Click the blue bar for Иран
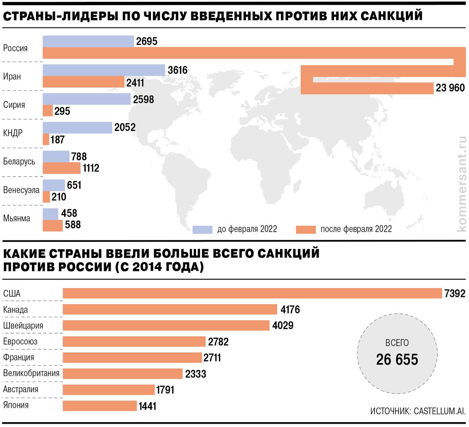(x=104, y=70)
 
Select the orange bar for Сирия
(x=48, y=111)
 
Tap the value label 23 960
(x=450, y=88)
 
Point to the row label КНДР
(x=13, y=133)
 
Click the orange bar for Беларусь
(x=62, y=168)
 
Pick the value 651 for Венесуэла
(x=74, y=185)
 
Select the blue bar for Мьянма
(x=51, y=214)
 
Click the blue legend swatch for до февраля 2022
(x=202, y=229)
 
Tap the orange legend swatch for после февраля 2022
(x=306, y=229)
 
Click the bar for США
(x=252, y=293)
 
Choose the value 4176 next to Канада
(x=290, y=310)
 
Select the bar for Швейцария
(x=166, y=325)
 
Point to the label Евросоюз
(x=20, y=342)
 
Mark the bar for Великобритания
(x=122, y=373)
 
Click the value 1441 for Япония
(x=147, y=406)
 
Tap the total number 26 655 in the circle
(x=397, y=360)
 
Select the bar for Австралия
(x=108, y=390)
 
